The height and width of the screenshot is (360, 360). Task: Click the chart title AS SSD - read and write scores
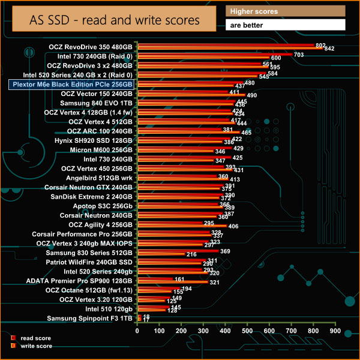coord(115,20)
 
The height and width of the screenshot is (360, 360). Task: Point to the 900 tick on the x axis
coord(334,331)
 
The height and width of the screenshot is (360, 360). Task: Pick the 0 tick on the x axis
coord(139,331)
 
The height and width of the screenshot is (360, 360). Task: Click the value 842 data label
coord(329,49)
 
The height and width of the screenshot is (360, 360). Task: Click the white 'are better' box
coord(286,25)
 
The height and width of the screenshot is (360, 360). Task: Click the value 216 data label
coord(192,254)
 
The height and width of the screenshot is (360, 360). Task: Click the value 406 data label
coord(234,226)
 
